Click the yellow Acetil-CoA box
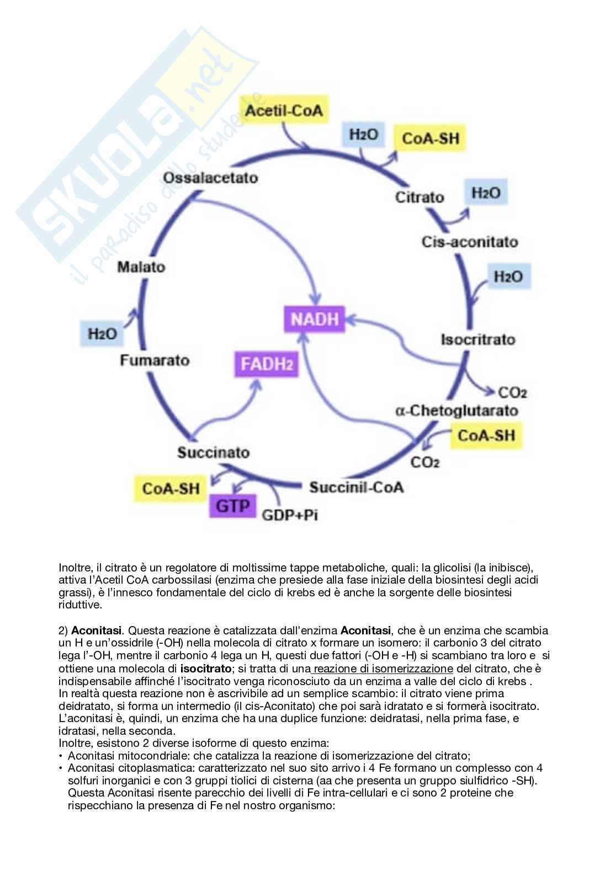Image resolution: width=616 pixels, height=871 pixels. click(283, 111)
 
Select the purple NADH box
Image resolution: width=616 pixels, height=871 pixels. click(314, 319)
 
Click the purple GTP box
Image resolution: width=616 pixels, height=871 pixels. click(232, 505)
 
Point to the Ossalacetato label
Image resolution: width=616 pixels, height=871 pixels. click(210, 178)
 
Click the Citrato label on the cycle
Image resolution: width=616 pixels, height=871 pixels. click(419, 197)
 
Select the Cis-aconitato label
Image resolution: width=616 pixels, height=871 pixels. click(469, 242)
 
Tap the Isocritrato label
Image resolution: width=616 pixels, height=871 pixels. click(478, 339)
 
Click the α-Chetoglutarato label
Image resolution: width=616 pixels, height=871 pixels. click(457, 410)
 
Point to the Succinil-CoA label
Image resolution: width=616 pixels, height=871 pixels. click(356, 487)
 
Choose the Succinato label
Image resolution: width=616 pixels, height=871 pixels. click(213, 452)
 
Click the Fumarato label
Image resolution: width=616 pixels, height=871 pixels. click(155, 360)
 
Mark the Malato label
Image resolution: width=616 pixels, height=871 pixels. click(141, 267)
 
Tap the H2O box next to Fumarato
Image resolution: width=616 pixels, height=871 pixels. click(103, 334)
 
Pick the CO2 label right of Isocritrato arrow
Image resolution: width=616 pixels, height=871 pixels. click(512, 392)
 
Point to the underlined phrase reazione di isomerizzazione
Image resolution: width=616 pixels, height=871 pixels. click(380, 669)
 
